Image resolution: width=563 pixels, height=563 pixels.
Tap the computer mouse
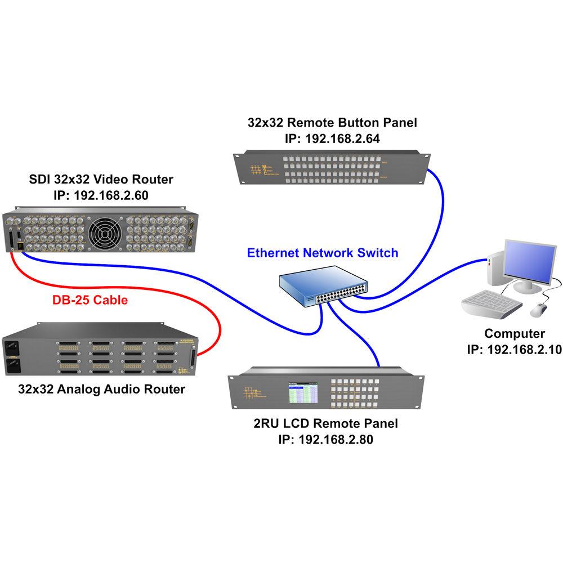pyautogui.click(x=539, y=309)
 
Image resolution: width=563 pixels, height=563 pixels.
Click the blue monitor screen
pyautogui.click(x=529, y=262)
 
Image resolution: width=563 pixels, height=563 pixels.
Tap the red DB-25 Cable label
pyautogui.click(x=90, y=300)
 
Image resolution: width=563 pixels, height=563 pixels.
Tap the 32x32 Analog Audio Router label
pyautogui.click(x=101, y=388)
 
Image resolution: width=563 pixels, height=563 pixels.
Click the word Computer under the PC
pyautogui.click(x=515, y=333)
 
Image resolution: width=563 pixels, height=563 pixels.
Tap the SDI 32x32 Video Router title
pyautogui.click(x=101, y=180)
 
